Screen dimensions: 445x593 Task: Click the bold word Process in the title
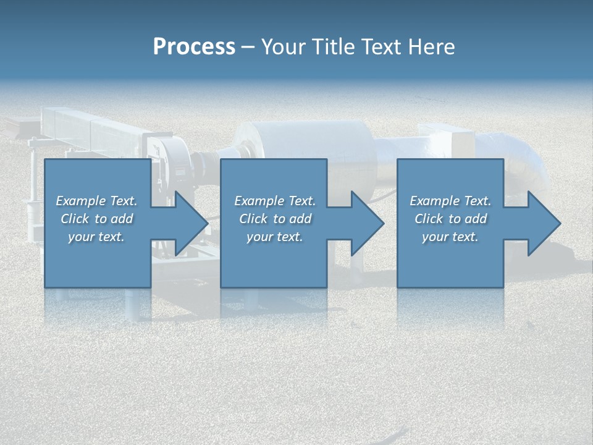coord(194,47)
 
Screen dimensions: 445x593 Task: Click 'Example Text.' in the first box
coord(96,201)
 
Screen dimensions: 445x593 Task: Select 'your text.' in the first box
coord(96,237)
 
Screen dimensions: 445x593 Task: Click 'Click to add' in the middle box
coord(275,219)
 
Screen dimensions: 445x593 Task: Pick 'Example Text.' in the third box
coord(450,201)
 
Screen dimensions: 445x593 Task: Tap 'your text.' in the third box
coord(450,237)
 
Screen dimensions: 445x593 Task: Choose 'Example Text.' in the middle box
coord(275,201)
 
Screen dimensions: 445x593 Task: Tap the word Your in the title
coord(281,47)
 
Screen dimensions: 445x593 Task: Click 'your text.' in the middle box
coord(275,237)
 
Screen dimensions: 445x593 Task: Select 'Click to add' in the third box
coord(450,219)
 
